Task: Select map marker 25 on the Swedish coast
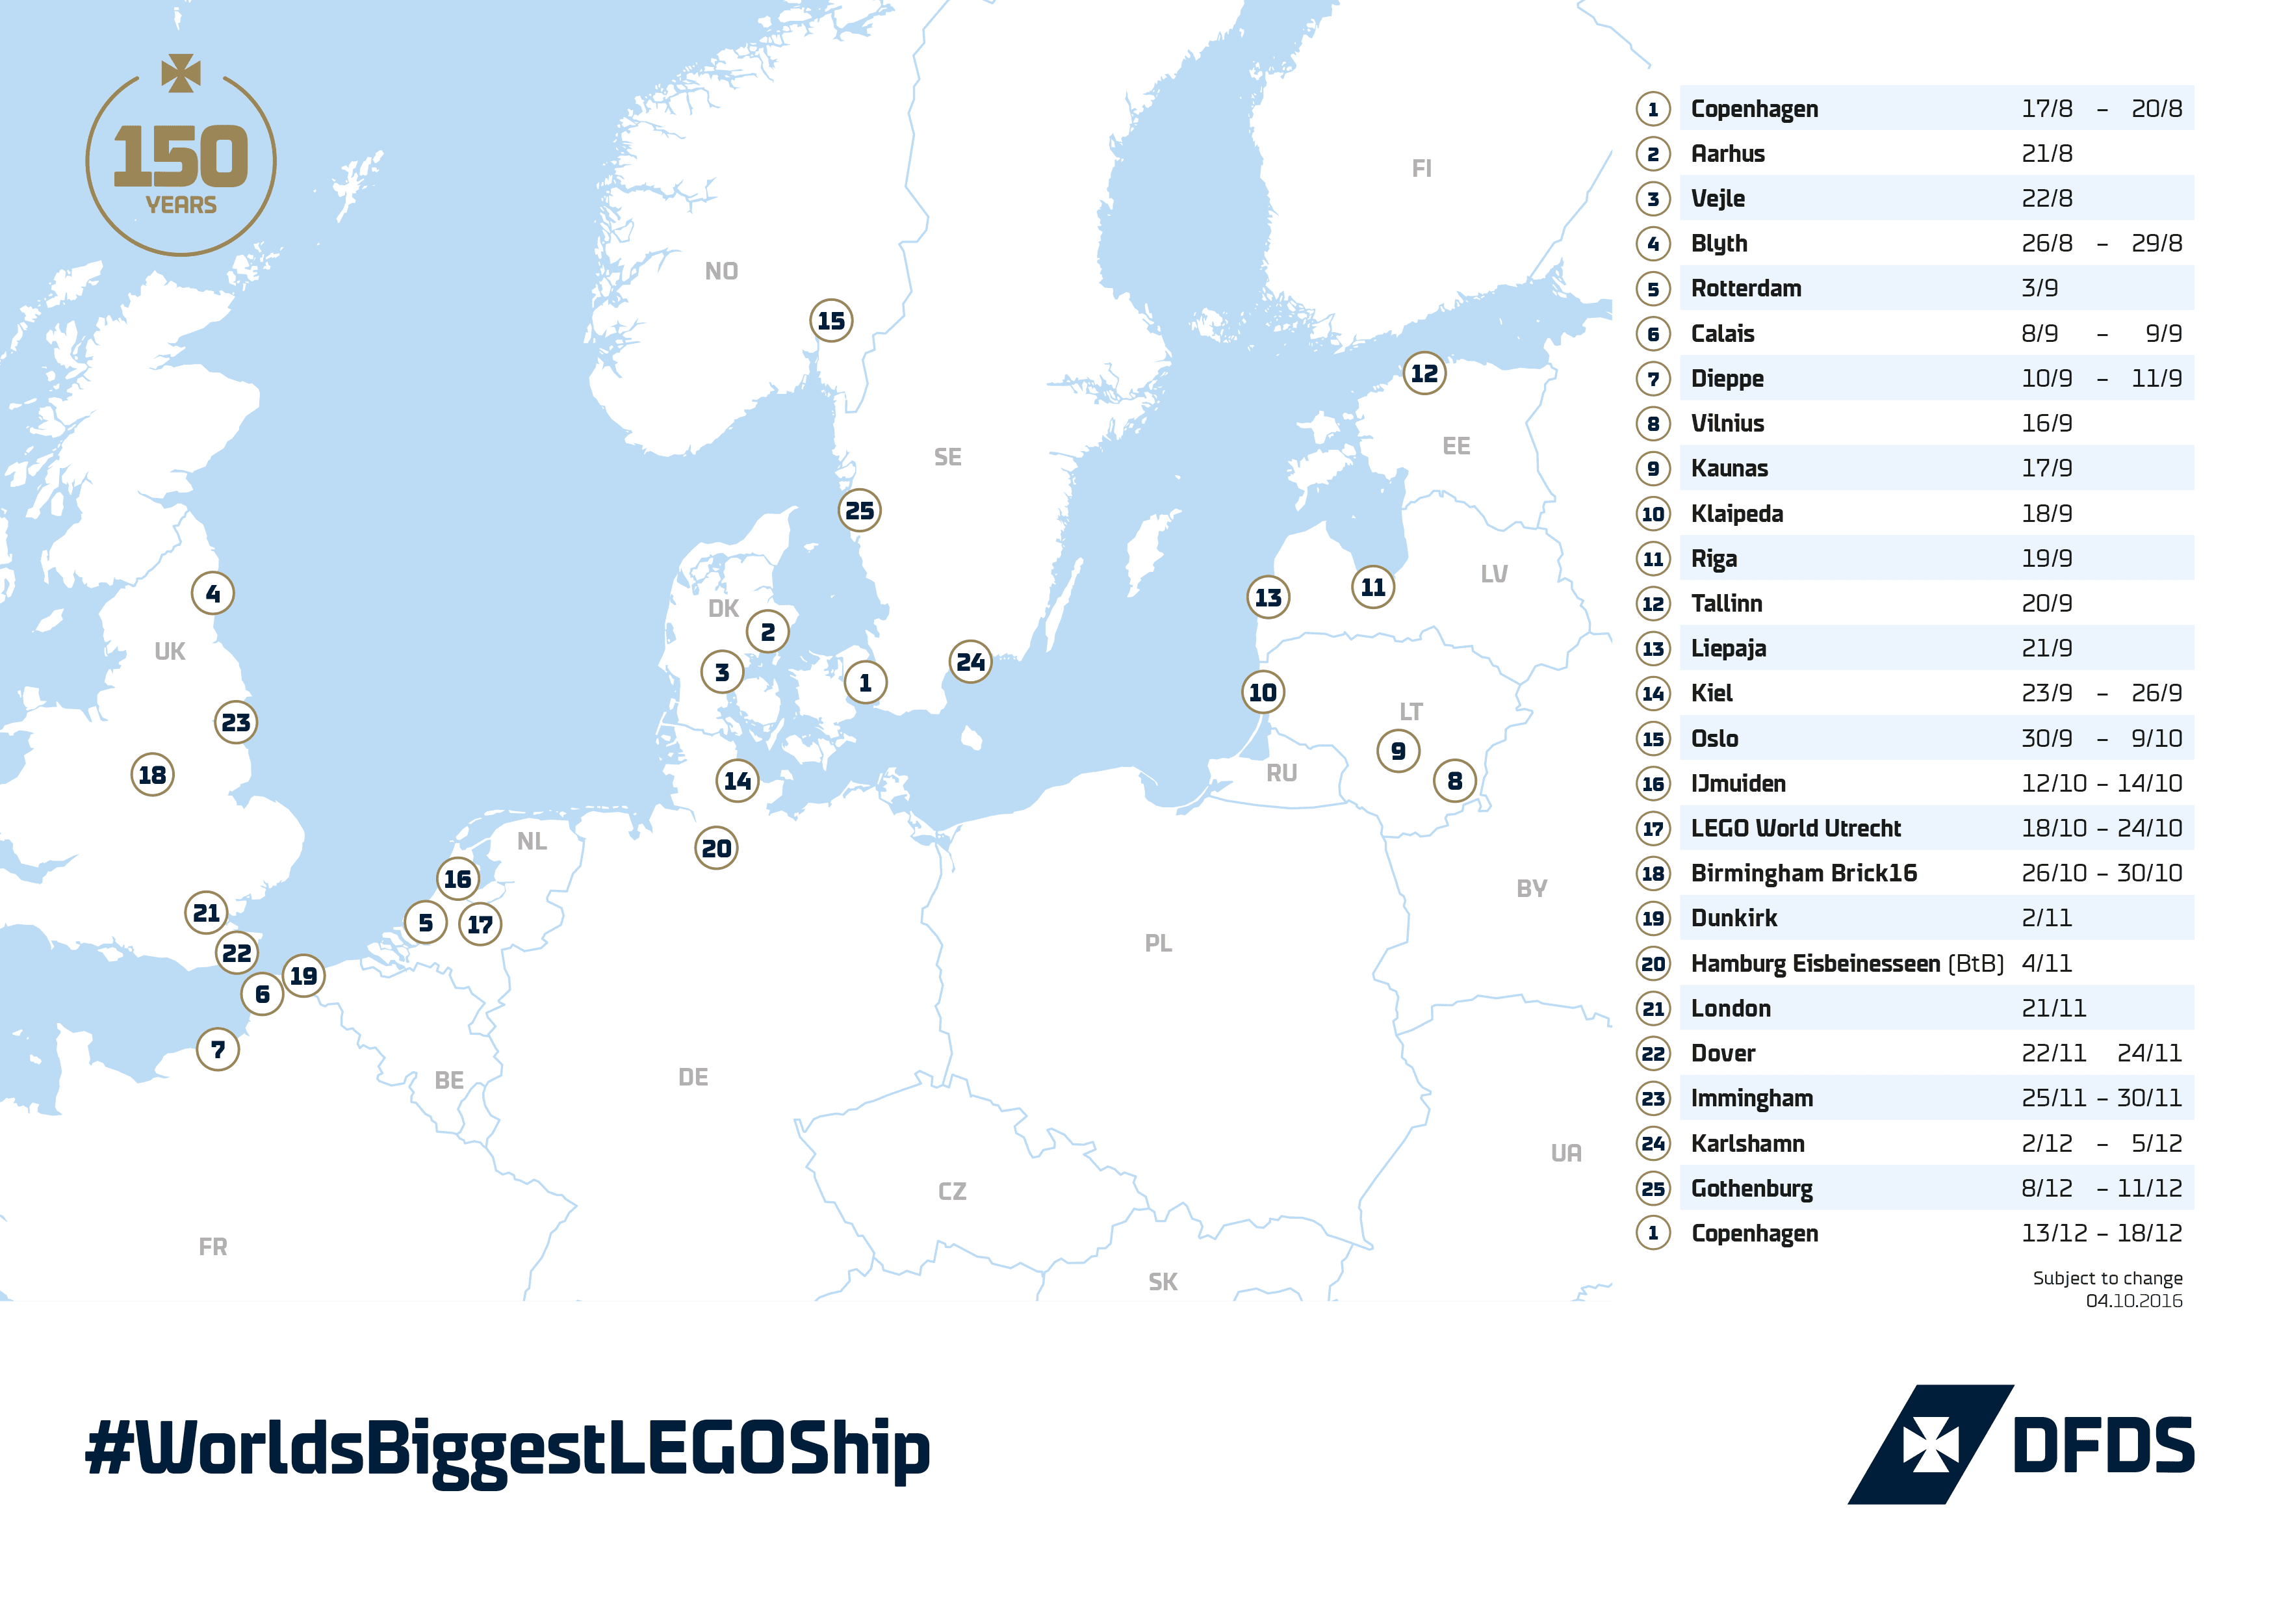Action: point(860,510)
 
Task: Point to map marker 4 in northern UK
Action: point(212,593)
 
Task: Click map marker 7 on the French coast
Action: point(218,1049)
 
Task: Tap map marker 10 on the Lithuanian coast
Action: point(1263,692)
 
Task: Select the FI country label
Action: point(1421,169)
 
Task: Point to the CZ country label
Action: point(952,1191)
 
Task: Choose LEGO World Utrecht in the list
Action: point(1795,828)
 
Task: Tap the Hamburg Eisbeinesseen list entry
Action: point(1814,963)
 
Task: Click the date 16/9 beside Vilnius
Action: point(2046,424)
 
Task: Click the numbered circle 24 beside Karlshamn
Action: point(1653,1143)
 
